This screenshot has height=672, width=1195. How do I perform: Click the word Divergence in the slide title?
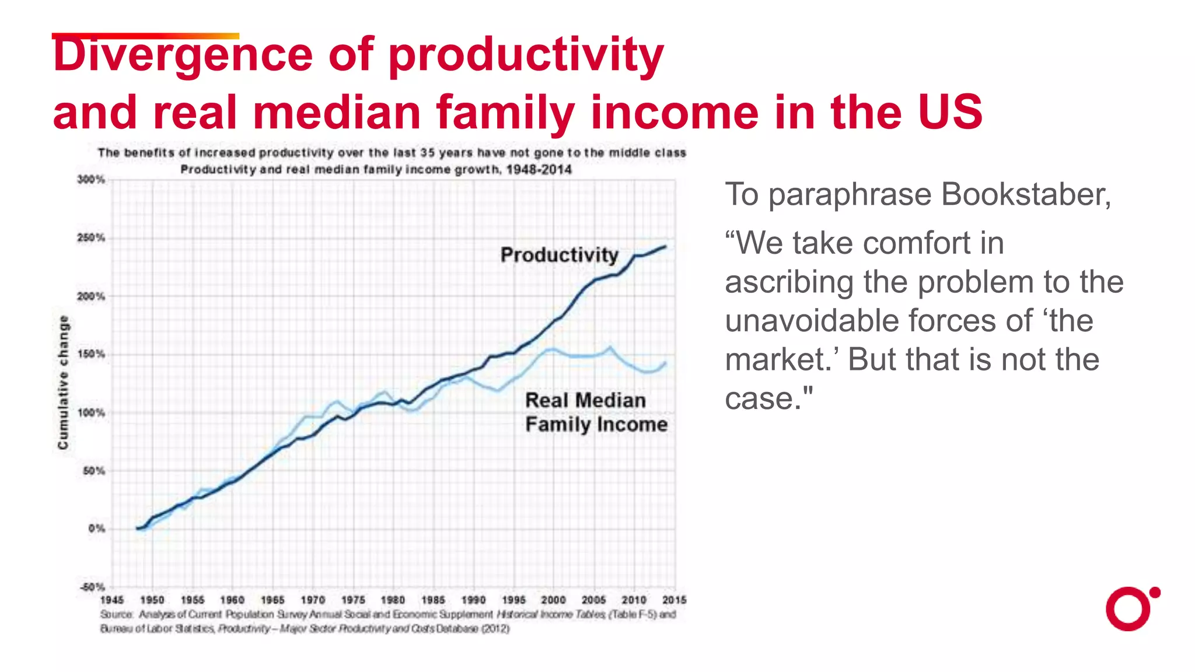183,55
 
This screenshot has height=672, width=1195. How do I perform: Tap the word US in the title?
950,112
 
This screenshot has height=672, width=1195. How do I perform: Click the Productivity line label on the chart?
559,255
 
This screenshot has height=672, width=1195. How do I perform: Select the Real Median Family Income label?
595,412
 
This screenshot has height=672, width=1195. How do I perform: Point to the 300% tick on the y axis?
91,180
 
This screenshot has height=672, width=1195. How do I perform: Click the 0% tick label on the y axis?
96,528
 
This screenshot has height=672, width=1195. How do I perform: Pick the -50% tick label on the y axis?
92,587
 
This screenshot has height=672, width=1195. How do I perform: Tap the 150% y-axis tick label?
91,354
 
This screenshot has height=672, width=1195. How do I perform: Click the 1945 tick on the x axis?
112,600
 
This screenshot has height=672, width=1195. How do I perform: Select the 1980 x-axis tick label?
393,600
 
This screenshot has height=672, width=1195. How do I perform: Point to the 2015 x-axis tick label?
675,600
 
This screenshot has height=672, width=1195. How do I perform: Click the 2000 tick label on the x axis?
553,600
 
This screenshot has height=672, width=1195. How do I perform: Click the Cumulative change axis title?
63,383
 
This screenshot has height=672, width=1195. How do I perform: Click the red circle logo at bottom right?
1129,610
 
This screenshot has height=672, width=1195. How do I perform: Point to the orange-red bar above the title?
145,36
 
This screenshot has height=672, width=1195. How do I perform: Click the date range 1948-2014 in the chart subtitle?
539,170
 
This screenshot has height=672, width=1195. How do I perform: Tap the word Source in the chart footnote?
117,614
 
